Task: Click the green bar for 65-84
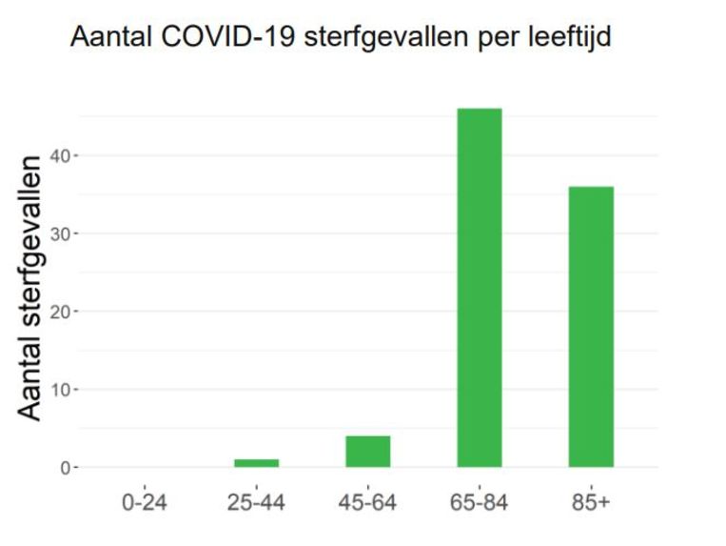[x=480, y=288]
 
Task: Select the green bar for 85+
[x=591, y=327]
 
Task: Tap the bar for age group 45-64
[x=368, y=452]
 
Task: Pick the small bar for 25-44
[x=257, y=463]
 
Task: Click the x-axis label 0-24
[x=145, y=502]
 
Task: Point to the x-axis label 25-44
[x=256, y=502]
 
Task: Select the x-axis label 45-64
[x=368, y=502]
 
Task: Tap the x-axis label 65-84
[x=480, y=502]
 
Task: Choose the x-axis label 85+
[x=591, y=502]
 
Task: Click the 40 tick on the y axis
[x=58, y=155]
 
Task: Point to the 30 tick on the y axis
[x=58, y=233]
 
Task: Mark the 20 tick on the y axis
[x=58, y=312]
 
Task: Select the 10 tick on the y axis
[x=58, y=390]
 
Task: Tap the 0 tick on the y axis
[x=63, y=468]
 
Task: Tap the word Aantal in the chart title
[x=106, y=39]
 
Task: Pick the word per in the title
[x=489, y=41]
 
